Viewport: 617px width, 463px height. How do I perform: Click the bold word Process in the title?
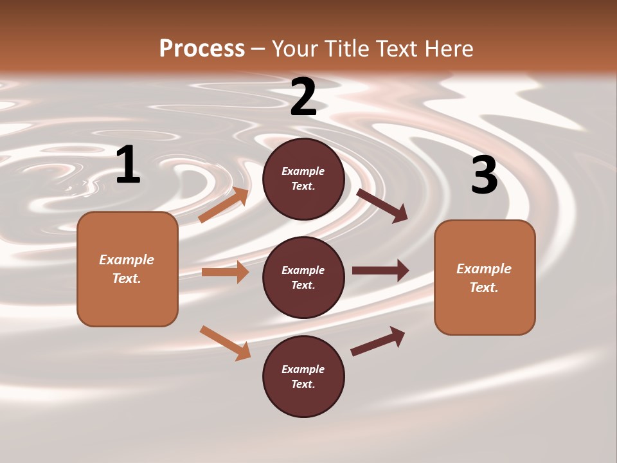click(x=202, y=48)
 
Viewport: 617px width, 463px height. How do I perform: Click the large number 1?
click(x=128, y=165)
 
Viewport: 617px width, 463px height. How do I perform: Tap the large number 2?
click(x=303, y=97)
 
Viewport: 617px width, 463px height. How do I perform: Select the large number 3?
click(x=484, y=176)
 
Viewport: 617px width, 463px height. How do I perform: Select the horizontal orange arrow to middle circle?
click(x=225, y=272)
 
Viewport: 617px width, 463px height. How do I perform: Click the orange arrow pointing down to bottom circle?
click(x=225, y=343)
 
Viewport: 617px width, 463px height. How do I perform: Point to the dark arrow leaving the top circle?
click(x=382, y=205)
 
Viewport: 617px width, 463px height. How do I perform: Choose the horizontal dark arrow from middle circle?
click(x=380, y=271)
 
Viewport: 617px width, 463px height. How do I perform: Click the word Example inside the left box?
click(x=127, y=260)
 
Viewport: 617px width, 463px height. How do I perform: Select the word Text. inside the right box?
click(x=484, y=287)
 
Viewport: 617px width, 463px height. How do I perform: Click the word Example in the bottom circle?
click(x=303, y=369)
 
